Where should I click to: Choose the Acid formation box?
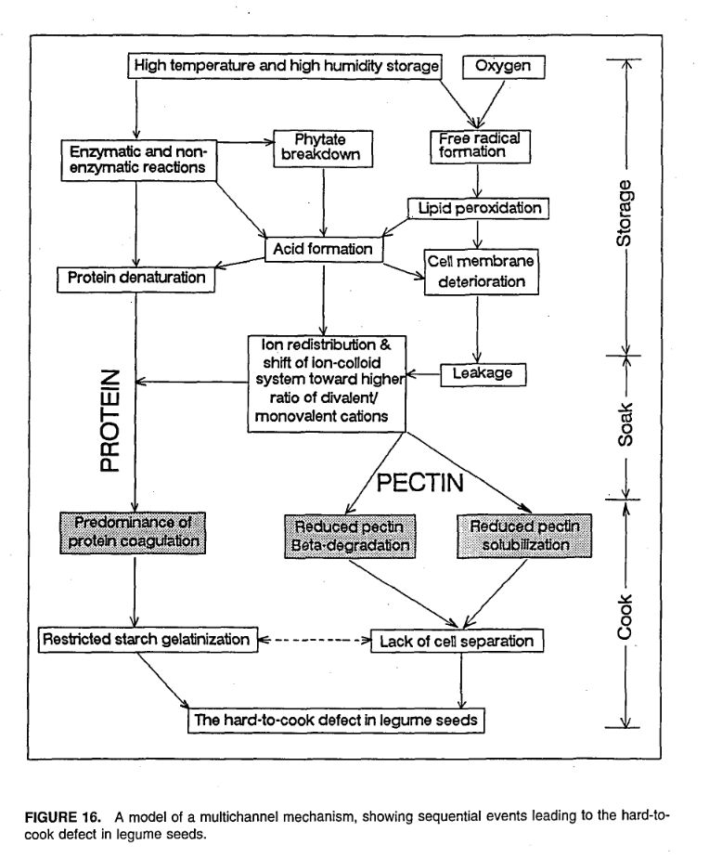(324, 249)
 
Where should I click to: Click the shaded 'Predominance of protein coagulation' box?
(135, 531)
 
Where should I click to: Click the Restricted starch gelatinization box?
(145, 639)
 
